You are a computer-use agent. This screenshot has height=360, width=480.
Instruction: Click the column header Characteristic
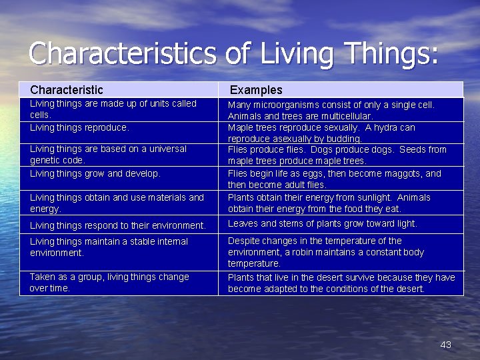(67, 89)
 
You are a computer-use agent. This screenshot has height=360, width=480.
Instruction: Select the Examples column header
(256, 90)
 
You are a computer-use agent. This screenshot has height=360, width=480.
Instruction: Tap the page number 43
(446, 345)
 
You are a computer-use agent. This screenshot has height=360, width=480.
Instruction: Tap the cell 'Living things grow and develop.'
(95, 173)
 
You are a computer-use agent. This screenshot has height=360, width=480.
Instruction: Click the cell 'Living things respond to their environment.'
(118, 225)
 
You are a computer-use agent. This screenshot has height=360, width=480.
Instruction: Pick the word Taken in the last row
(42, 277)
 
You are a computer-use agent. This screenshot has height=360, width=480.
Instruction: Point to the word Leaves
(243, 223)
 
